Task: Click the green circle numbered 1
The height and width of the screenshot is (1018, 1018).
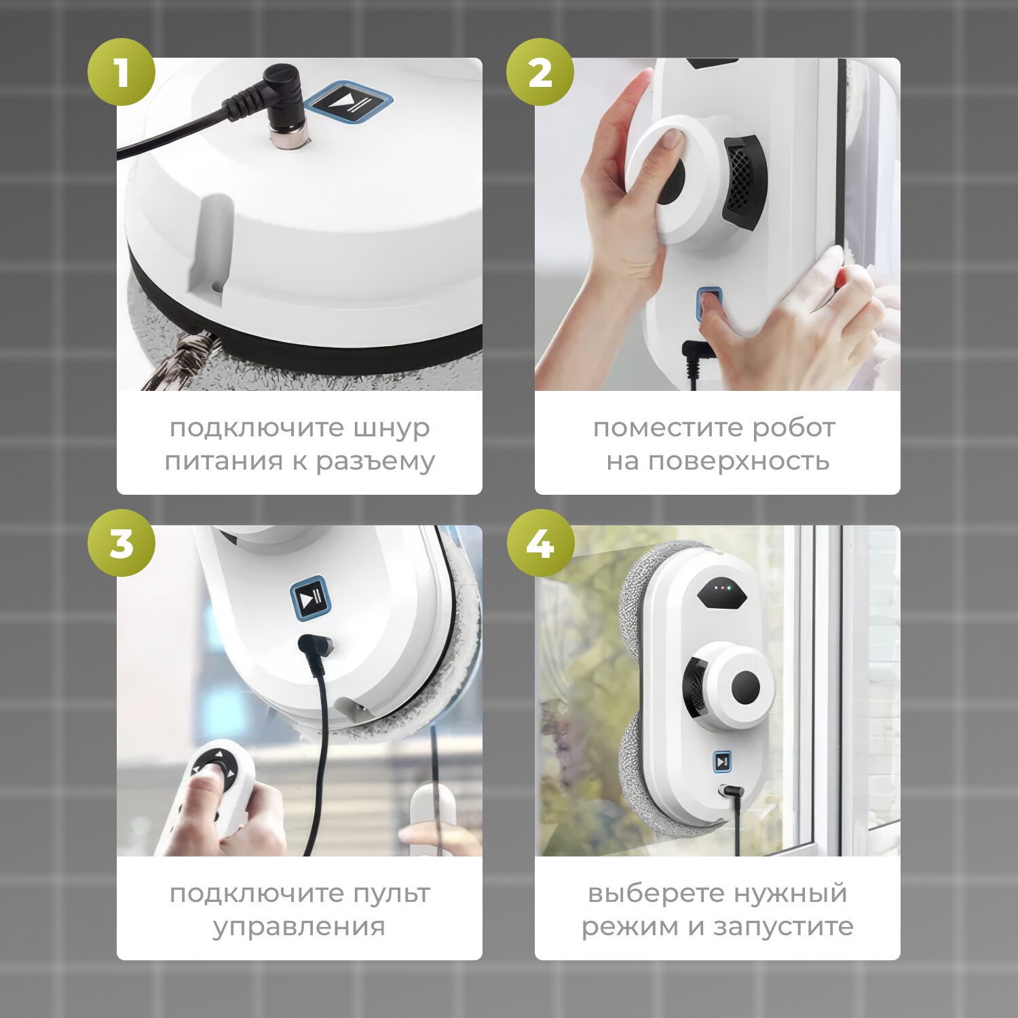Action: point(121,72)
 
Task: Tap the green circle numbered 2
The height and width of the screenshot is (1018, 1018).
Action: point(540,72)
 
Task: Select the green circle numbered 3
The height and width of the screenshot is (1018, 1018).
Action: point(121,543)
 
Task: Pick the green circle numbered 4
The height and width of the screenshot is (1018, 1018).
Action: point(540,543)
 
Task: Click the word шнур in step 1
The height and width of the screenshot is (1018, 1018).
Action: point(391,429)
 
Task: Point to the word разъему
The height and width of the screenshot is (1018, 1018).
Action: point(375,462)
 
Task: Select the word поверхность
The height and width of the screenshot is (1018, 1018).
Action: point(738,461)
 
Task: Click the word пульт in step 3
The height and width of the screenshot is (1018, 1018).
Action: point(389,894)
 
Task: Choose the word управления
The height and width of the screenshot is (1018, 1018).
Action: point(299,927)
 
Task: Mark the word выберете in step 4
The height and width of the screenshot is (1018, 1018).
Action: point(651,894)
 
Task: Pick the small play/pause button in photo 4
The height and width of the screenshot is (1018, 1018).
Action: point(723,761)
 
